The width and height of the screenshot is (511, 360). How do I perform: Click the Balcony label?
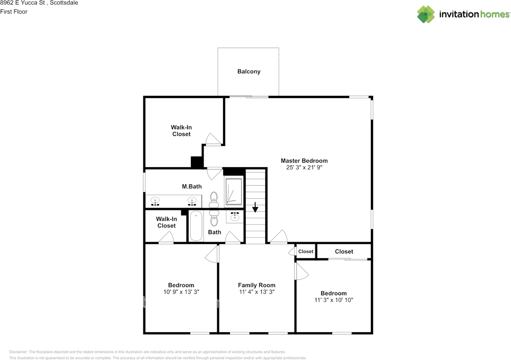tap(249, 71)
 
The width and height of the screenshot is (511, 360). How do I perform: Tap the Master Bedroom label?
tap(304, 160)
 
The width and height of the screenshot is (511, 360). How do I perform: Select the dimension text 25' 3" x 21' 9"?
tap(304, 167)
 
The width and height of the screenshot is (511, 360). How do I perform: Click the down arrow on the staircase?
tap(255, 207)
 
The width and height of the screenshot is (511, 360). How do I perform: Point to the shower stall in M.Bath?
tap(234, 192)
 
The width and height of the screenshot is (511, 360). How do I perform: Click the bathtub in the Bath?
tap(196, 225)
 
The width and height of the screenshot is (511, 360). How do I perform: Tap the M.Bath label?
tap(192, 186)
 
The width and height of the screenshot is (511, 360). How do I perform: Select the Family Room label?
tap(257, 285)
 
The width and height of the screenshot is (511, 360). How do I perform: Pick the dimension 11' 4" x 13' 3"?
tap(257, 292)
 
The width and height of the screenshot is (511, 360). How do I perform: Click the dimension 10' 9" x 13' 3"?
tap(181, 292)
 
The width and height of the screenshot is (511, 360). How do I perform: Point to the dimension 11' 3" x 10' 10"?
tap(333, 300)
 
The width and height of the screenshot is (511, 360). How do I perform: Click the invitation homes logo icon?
tap(426, 14)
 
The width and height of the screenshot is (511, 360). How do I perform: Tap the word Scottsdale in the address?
tap(64, 3)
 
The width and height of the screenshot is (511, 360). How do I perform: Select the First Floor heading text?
tap(14, 12)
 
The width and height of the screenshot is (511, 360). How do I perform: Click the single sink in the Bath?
tap(234, 216)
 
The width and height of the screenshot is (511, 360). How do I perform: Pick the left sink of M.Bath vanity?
tap(155, 201)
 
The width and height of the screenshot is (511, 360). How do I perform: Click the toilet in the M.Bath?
tap(214, 200)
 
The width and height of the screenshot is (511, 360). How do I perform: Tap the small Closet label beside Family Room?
tap(306, 251)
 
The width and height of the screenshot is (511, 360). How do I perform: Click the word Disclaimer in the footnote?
tap(18, 352)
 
